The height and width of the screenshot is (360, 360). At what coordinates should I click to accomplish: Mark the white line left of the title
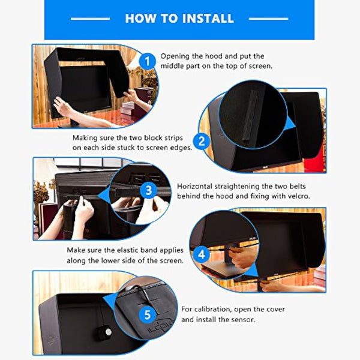click(90, 19)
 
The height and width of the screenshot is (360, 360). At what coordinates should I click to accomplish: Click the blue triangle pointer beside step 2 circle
click(292, 123)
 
